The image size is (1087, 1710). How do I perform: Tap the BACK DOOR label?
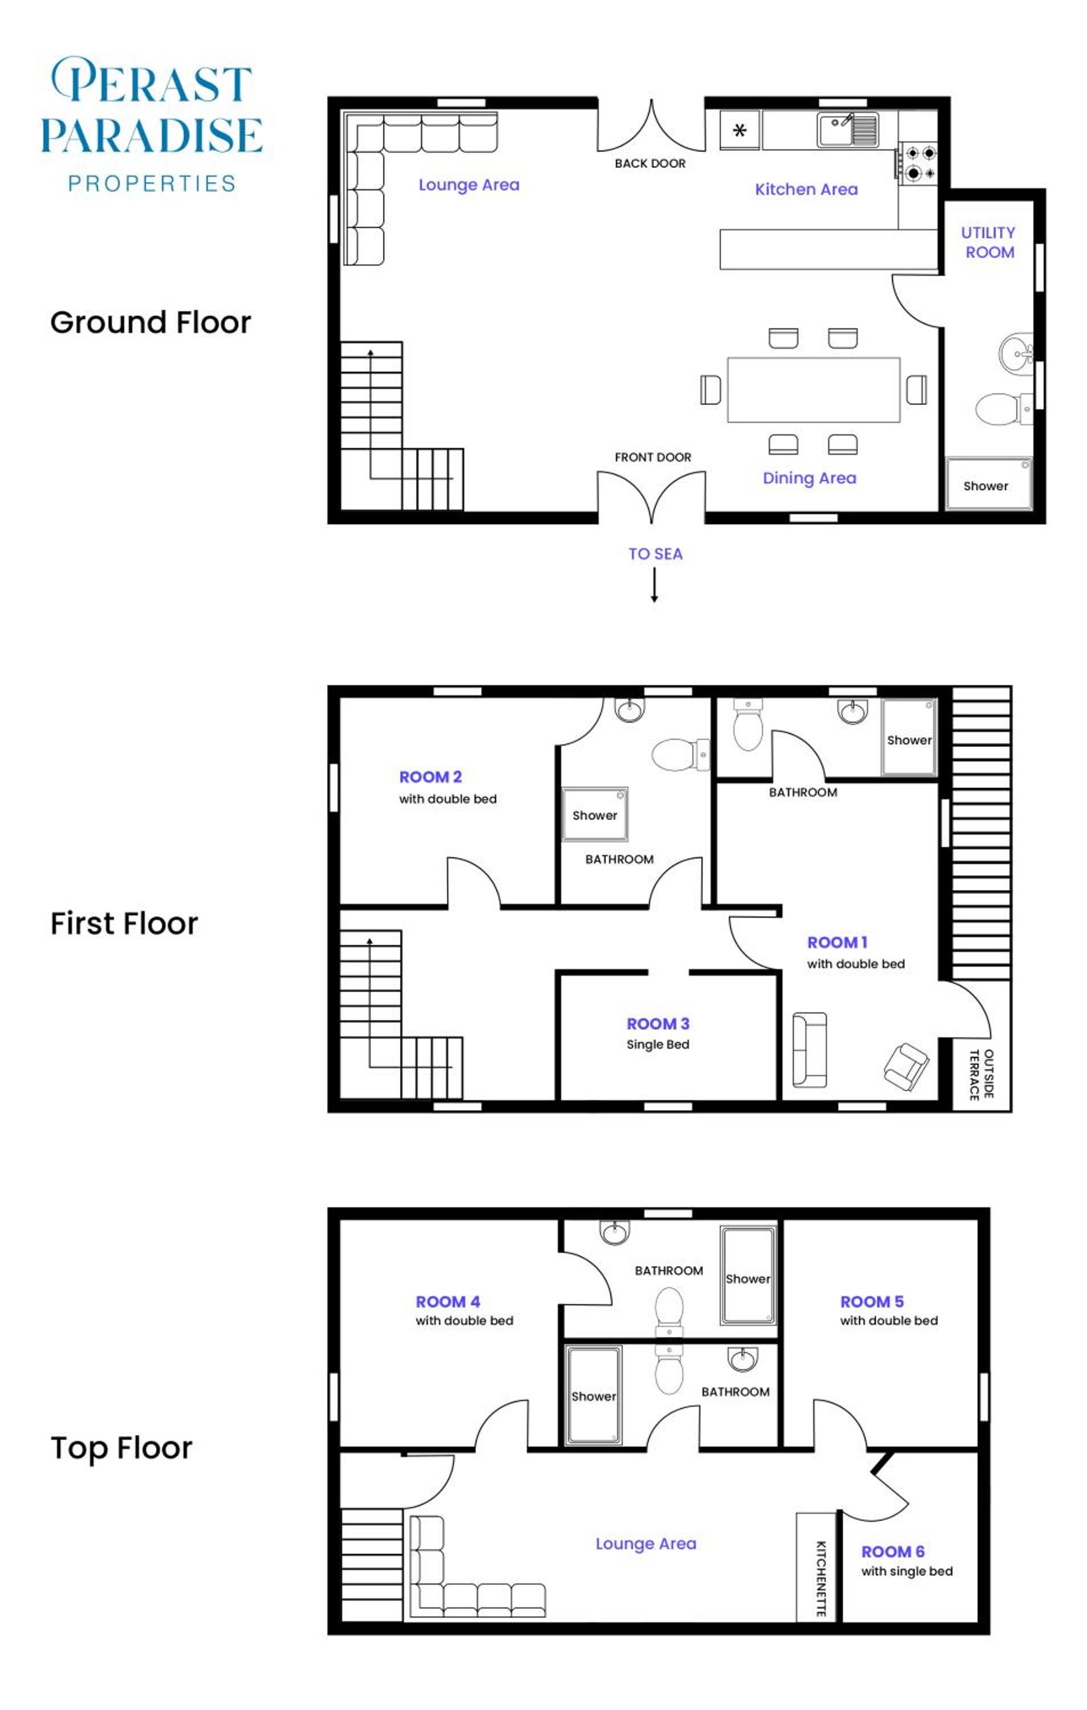tap(650, 164)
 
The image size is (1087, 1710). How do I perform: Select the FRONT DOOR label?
tap(653, 457)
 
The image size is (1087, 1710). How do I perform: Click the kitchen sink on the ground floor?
tap(847, 130)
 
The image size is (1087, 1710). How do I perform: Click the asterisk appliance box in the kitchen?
tap(740, 130)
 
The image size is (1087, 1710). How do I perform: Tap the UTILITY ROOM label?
tap(988, 242)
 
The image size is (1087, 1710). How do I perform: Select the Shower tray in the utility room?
tap(988, 483)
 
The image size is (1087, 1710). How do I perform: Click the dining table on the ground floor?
tap(813, 390)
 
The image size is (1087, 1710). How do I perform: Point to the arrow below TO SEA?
tap(654, 585)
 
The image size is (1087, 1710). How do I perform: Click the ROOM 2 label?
tap(431, 777)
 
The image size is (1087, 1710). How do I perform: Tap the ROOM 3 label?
tap(658, 1023)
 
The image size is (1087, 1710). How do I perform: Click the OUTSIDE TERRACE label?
tap(981, 1074)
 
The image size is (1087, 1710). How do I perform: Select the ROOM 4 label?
tap(448, 1302)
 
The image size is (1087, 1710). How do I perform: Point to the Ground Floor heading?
tap(151, 323)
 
